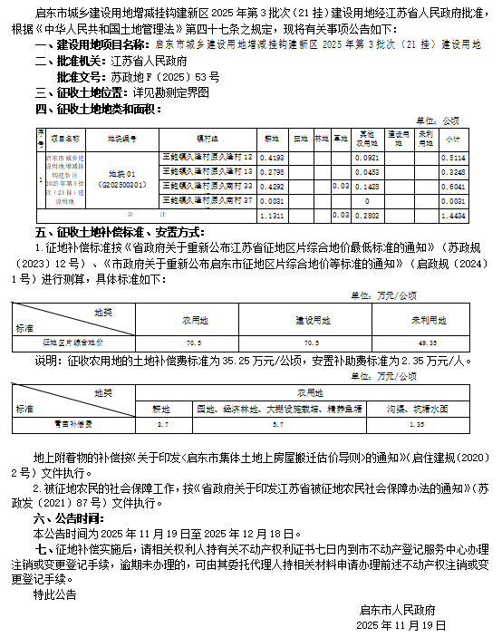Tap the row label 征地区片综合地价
tap(73, 343)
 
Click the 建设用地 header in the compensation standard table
tap(313, 321)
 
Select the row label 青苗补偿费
tap(73, 422)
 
